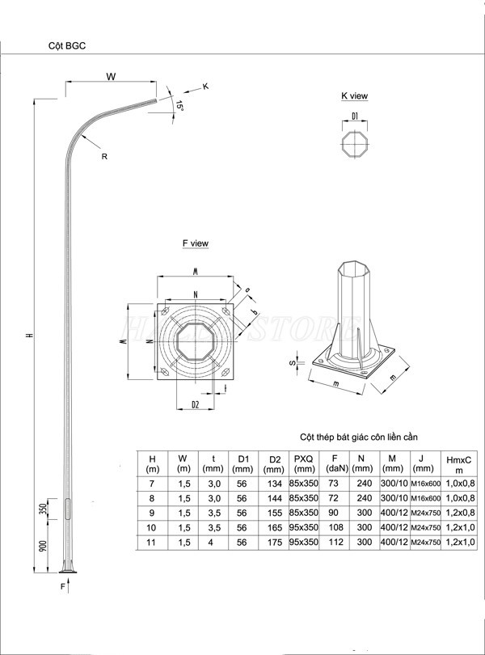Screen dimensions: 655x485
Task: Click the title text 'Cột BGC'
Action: tap(67, 47)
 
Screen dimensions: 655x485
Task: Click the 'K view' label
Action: tap(354, 96)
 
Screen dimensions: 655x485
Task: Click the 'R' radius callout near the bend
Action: tap(104, 157)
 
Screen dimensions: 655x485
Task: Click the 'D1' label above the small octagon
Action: tap(355, 117)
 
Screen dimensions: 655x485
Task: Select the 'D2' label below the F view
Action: tap(195, 404)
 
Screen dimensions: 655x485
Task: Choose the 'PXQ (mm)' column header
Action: tap(305, 463)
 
